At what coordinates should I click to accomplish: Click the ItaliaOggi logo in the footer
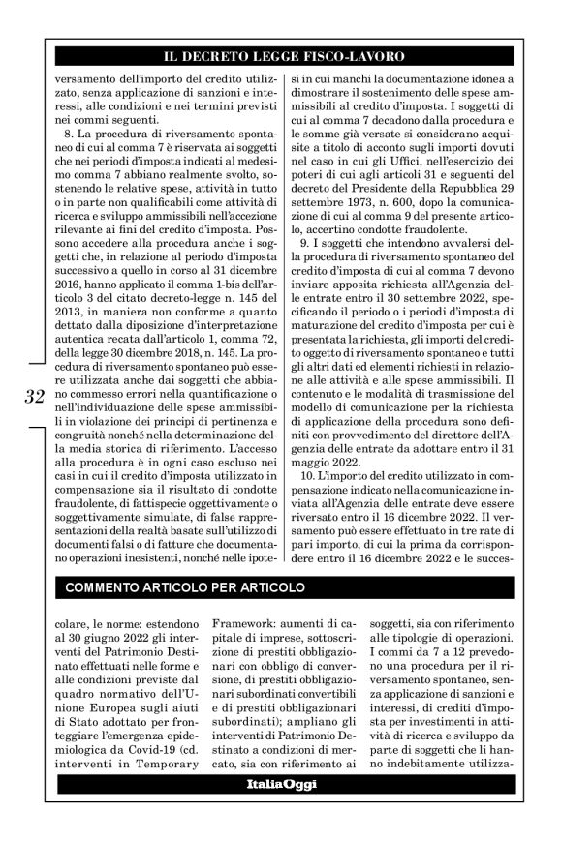pyautogui.click(x=282, y=810)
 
